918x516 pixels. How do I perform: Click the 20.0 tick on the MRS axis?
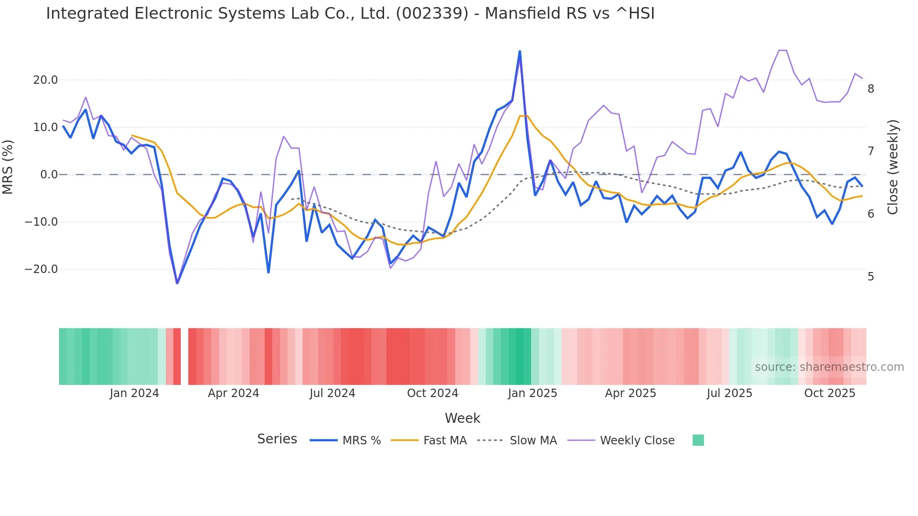point(45,80)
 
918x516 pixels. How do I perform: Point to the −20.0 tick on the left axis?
point(41,269)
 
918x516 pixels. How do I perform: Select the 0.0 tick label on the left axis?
point(49,175)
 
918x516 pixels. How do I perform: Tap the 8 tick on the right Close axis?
point(871,89)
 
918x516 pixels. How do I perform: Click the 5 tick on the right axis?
point(871,277)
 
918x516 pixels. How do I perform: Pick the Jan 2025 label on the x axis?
point(533,393)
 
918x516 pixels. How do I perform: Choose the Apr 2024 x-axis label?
point(233,393)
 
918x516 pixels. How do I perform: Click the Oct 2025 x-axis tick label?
point(829,393)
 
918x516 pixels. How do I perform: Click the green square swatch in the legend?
point(698,440)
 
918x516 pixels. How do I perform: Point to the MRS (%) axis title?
point(8,167)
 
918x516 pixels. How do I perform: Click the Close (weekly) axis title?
point(893,167)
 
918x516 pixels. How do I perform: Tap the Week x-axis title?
point(462,418)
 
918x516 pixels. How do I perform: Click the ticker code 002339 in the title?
point(432,14)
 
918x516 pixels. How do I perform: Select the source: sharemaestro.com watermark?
point(829,367)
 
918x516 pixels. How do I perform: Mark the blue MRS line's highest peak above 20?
point(519,51)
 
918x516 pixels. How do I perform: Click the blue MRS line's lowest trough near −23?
point(177,283)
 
